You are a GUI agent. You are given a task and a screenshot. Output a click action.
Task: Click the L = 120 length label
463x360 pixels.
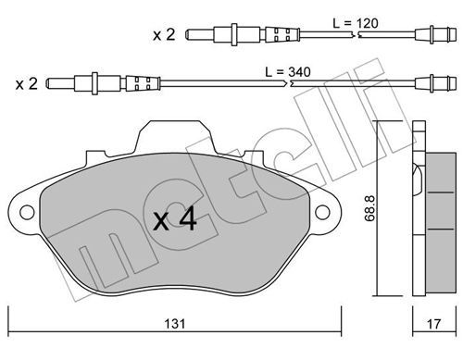point(356,23)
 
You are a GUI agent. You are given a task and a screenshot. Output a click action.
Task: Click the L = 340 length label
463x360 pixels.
point(288,72)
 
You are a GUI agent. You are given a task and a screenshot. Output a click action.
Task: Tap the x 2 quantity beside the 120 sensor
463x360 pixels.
point(164,34)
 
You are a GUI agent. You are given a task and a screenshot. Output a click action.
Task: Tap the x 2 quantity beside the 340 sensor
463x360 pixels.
point(27,83)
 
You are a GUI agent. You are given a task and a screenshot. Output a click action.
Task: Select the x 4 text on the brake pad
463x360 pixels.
point(175,219)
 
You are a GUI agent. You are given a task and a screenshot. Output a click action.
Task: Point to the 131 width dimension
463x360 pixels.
point(175,324)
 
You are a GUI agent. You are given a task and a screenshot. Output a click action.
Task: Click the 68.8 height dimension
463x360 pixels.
point(369,207)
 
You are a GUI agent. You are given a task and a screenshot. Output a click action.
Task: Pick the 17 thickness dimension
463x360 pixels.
point(433,324)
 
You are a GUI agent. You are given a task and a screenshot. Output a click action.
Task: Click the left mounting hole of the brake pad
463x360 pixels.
point(27,213)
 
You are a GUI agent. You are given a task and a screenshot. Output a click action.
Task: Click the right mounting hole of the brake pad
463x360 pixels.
point(322,213)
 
